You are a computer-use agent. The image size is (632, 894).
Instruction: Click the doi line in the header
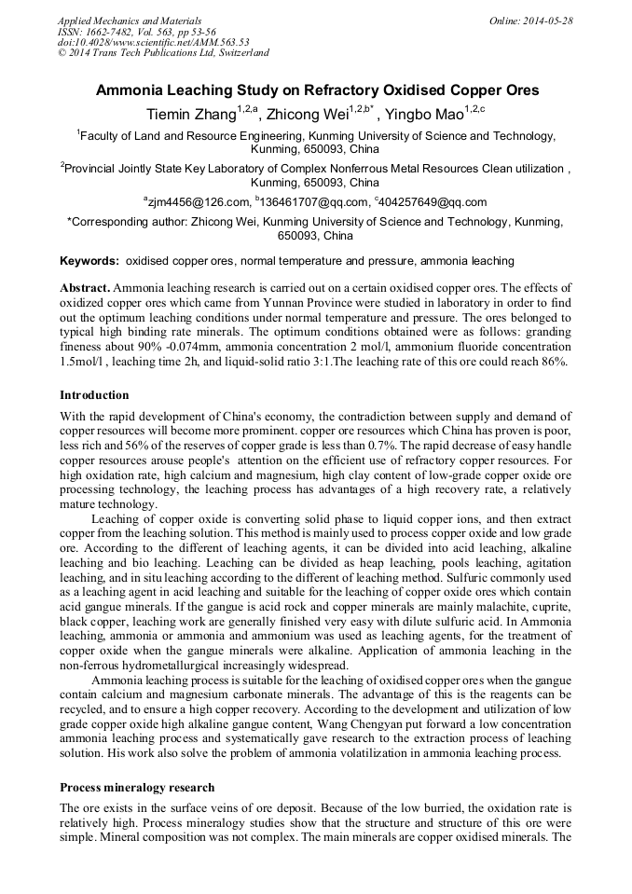coord(153,42)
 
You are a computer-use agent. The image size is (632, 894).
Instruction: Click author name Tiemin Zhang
coord(190,115)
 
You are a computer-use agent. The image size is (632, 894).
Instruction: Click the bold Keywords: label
coord(89,261)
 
